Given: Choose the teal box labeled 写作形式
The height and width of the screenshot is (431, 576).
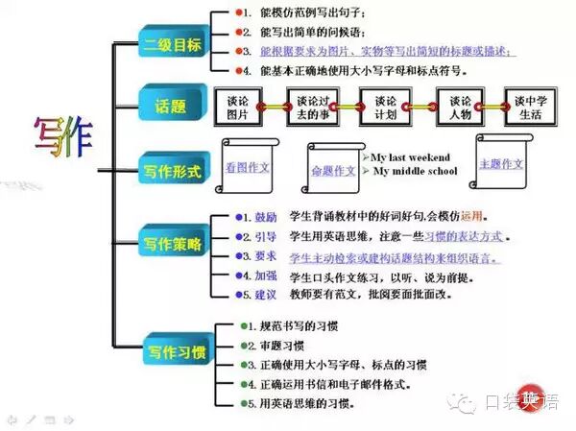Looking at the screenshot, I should [x=173, y=170].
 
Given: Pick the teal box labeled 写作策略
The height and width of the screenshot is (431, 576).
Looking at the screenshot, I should [x=173, y=244].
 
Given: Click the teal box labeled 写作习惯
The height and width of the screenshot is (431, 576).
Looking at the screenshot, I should [x=174, y=350].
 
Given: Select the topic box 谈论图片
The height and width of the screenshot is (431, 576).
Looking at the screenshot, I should [x=240, y=107].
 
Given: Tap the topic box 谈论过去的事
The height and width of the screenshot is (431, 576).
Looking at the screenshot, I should [x=314, y=107].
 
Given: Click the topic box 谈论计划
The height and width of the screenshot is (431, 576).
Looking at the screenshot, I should [x=387, y=107].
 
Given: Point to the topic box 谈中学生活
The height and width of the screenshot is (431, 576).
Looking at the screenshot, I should [x=533, y=107].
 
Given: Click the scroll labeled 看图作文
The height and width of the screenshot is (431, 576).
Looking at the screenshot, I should [x=248, y=167].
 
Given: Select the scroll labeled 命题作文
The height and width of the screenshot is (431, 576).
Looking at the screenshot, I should [x=332, y=171].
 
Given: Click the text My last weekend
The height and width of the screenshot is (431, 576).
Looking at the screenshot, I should [x=413, y=156].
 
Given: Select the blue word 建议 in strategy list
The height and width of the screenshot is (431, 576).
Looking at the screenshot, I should [x=265, y=293].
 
